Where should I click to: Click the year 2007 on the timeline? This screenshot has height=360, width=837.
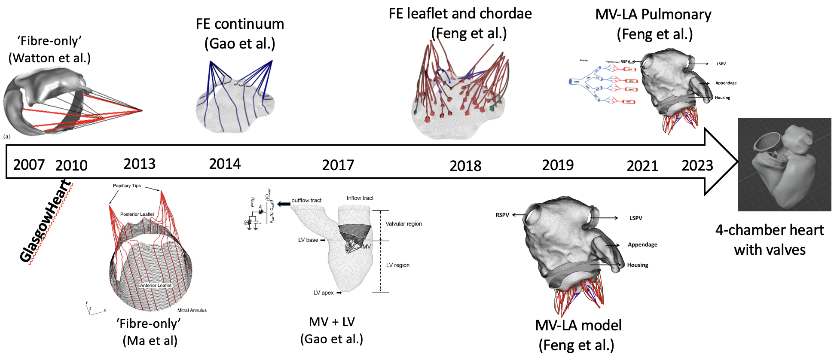tap(29, 165)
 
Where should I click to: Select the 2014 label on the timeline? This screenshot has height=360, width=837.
tap(225, 164)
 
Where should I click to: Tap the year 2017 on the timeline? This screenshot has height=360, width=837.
tap(338, 165)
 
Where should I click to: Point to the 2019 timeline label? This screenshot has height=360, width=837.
tap(558, 165)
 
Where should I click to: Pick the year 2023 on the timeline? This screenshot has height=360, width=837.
tap(697, 165)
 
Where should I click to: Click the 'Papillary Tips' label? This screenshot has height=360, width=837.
tap(127, 186)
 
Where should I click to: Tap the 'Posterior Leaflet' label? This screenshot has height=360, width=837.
tap(137, 214)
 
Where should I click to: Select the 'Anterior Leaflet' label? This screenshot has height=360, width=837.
tap(156, 285)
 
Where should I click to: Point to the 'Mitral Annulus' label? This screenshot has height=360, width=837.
tap(192, 310)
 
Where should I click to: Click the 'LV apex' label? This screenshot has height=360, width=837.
tap(324, 293)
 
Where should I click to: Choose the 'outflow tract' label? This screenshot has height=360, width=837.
tap(306, 200)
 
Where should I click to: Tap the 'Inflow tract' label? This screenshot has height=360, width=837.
tap(360, 198)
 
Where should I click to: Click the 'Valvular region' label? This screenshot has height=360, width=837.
tap(403, 224)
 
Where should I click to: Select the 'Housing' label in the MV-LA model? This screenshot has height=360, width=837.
tap(638, 265)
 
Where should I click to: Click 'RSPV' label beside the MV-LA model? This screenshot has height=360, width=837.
tap(502, 215)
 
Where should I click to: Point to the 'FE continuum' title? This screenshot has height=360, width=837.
tap(240, 24)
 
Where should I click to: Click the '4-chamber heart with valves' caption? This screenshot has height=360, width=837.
tap(770, 240)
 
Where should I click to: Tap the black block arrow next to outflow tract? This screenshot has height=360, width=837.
tap(284, 204)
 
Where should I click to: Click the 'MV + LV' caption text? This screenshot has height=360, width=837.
tap(332, 322)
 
